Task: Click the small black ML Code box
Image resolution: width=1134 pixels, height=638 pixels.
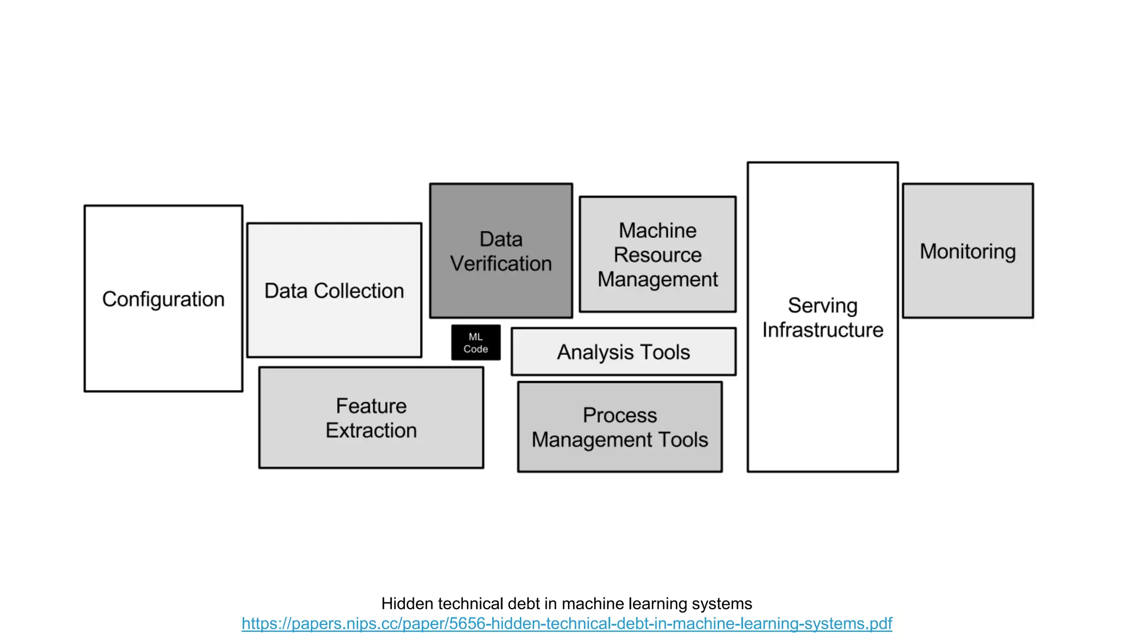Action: [x=476, y=343]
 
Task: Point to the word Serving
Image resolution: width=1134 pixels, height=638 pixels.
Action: [x=822, y=306]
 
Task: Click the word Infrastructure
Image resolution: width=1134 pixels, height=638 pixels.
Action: [x=822, y=330]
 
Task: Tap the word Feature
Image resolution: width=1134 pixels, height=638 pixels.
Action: [x=371, y=406]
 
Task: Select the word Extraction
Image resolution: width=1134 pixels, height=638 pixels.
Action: [x=371, y=430]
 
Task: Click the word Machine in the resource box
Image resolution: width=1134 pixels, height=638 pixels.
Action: [x=657, y=230]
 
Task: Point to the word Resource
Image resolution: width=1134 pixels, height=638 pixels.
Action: [x=657, y=255]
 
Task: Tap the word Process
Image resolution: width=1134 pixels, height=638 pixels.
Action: [x=620, y=415]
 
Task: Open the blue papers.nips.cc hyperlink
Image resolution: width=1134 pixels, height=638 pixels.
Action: [x=566, y=624]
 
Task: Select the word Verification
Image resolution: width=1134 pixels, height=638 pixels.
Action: [x=501, y=264]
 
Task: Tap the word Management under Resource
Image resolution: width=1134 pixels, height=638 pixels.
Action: [x=657, y=279]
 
